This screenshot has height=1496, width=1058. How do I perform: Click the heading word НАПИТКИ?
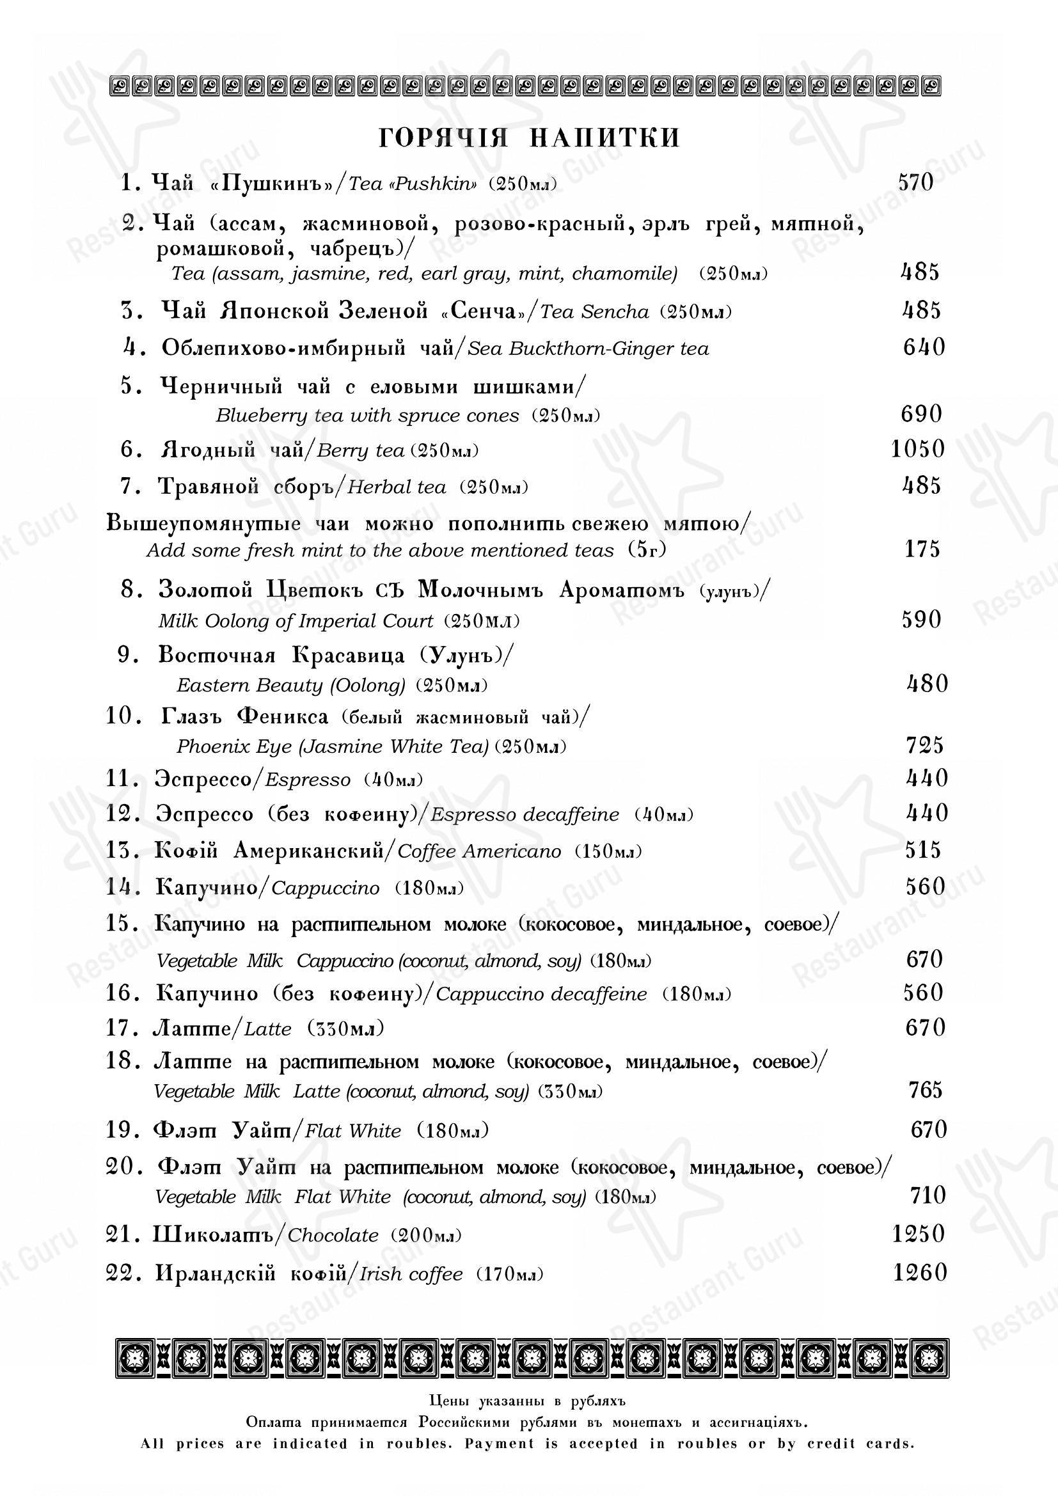pyautogui.click(x=604, y=138)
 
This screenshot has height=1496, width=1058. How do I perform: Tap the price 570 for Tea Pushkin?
pyautogui.click(x=916, y=182)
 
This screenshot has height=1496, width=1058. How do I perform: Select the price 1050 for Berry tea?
pyautogui.click(x=918, y=450)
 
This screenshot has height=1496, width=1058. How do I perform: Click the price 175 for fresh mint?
pyautogui.click(x=922, y=549)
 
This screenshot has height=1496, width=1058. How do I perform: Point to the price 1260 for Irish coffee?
pyautogui.click(x=920, y=1273)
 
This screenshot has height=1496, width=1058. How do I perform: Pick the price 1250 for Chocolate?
pyautogui.click(x=918, y=1234)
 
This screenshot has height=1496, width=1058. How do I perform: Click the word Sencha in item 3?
pyautogui.click(x=614, y=312)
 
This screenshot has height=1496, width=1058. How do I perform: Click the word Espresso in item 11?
pyautogui.click(x=308, y=780)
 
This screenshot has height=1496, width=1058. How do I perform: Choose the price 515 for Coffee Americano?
pyautogui.click(x=923, y=850)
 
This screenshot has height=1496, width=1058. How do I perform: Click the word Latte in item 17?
pyautogui.click(x=268, y=1030)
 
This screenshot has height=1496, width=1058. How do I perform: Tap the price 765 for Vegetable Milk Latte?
pyautogui.click(x=925, y=1089)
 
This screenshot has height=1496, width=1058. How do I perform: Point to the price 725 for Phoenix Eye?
pyautogui.click(x=924, y=744)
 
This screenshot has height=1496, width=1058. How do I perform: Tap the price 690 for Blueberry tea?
pyautogui.click(x=921, y=414)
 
